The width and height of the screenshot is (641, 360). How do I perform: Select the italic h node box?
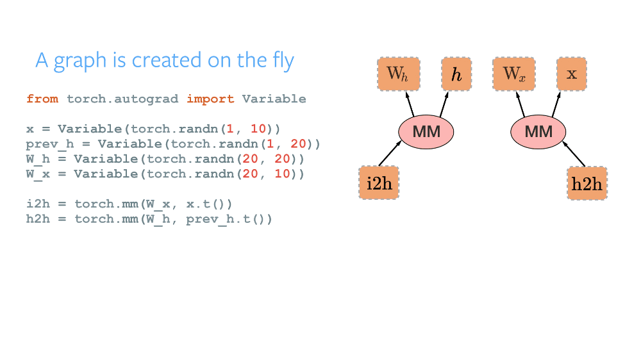(456, 74)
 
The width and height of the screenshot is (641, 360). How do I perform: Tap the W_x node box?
(513, 74)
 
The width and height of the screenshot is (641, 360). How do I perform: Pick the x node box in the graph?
(571, 74)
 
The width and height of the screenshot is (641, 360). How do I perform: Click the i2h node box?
(378, 183)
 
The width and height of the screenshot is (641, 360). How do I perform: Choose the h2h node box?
(587, 183)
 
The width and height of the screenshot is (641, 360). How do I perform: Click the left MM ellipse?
(426, 132)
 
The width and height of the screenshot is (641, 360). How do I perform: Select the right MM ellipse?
(538, 132)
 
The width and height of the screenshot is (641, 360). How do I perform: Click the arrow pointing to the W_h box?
(411, 104)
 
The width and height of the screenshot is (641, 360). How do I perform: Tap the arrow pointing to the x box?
(558, 104)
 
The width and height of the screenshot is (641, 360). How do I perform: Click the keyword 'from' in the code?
(42, 99)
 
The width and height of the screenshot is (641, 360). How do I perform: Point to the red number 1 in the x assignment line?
(230, 129)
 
